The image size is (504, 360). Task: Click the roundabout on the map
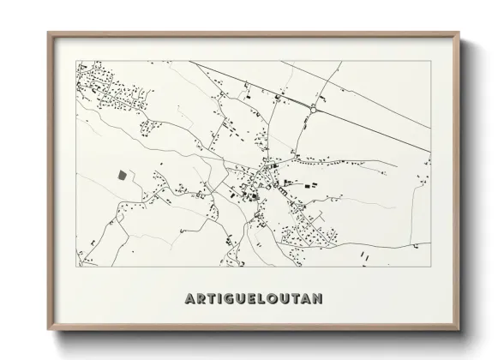[x=314, y=109]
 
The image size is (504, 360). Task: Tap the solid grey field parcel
[x=122, y=174]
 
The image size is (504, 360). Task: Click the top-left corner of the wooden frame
[x=48, y=33]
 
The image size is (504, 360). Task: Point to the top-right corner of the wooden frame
[x=459, y=33]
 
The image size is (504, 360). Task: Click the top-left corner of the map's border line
[x=75, y=60]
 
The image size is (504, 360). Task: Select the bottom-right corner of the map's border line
[x=430, y=266]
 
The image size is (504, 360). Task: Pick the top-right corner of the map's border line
[x=430, y=60]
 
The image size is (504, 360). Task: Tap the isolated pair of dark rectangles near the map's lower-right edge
[x=364, y=255]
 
